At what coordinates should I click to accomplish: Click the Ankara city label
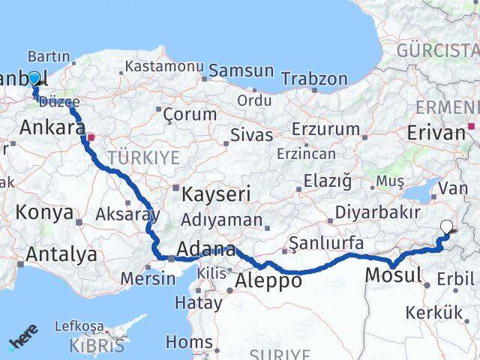(x=51, y=127)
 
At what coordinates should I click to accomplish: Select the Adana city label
(x=205, y=249)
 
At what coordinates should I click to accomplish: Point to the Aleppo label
(x=268, y=280)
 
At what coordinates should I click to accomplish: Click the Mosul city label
(x=393, y=275)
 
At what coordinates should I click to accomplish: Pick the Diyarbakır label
(x=377, y=212)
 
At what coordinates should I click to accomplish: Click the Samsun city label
(x=241, y=70)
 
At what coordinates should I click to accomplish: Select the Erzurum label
(x=326, y=128)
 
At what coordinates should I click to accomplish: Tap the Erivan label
(x=436, y=133)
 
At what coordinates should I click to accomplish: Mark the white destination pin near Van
(x=447, y=226)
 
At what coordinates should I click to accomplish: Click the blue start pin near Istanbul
(x=34, y=77)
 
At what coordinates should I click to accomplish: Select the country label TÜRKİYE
(x=143, y=157)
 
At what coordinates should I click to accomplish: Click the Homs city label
(x=188, y=342)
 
